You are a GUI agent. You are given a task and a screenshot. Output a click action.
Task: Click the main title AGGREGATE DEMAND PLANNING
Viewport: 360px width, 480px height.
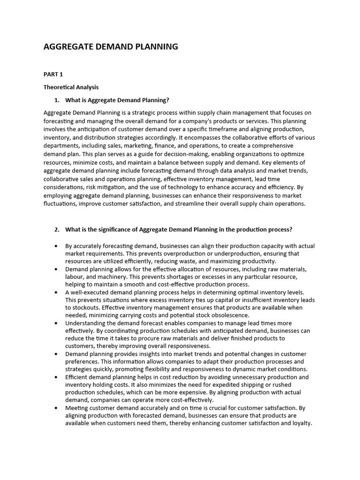(x=111, y=46)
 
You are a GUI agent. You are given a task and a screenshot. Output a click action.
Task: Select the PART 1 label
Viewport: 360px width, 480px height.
(x=53, y=74)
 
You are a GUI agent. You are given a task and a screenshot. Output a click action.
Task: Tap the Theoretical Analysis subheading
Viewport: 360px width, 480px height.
(x=71, y=87)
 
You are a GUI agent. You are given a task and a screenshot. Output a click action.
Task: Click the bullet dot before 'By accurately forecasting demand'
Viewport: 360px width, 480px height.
(x=57, y=246)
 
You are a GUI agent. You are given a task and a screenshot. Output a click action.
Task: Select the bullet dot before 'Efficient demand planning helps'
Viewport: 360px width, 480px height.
(x=57, y=377)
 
